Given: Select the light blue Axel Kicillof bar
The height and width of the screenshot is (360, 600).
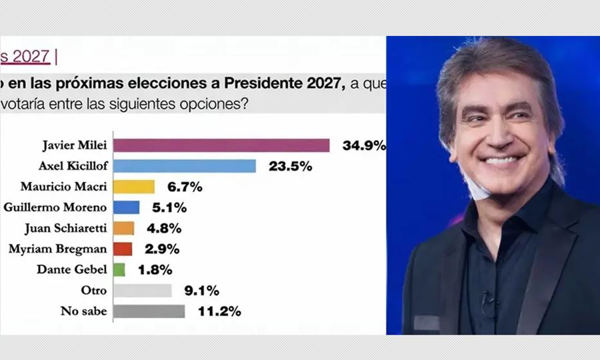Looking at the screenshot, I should [x=185, y=166].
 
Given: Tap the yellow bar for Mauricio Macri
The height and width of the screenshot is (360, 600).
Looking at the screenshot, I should [x=134, y=187].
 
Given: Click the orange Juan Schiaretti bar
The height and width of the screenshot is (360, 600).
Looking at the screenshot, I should [x=124, y=228].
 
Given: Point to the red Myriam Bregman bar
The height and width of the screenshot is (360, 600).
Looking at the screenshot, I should [x=123, y=249].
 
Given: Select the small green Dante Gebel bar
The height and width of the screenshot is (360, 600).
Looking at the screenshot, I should [x=119, y=269].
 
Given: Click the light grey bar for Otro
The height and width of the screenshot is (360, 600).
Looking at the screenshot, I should [x=143, y=290].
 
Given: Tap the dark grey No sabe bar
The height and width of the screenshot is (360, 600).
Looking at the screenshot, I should [x=149, y=311].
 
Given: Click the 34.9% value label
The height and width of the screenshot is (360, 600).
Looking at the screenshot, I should [x=364, y=145].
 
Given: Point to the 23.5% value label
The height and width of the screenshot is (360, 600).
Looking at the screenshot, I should [x=290, y=166].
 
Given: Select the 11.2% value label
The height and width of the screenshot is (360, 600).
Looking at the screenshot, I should [x=219, y=311].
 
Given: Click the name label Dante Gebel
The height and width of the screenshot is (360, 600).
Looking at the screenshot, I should [x=75, y=269].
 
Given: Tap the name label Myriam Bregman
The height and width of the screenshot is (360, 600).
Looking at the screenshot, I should [x=57, y=249].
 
